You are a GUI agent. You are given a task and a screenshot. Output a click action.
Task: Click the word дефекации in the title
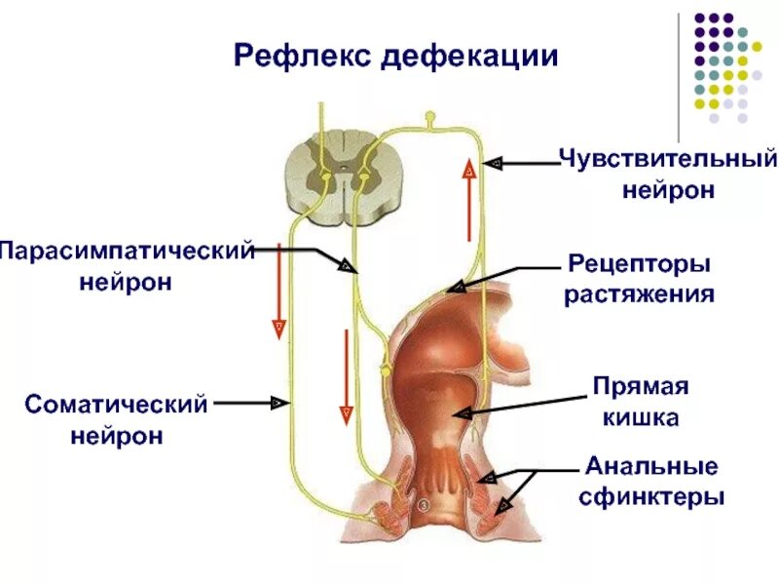469,56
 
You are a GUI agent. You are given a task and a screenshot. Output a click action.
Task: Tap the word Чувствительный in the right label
668,158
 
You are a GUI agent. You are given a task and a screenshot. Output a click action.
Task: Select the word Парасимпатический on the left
127,251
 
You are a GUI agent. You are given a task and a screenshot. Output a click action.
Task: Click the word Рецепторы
639,263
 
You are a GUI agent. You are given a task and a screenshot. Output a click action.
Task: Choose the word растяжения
640,293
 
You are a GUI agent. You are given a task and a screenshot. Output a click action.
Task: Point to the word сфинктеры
651,496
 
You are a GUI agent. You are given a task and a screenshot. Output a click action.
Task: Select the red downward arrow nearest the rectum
345,376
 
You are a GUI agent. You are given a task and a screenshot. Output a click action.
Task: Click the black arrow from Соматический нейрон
250,401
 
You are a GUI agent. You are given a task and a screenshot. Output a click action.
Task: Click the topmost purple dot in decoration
700,18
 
